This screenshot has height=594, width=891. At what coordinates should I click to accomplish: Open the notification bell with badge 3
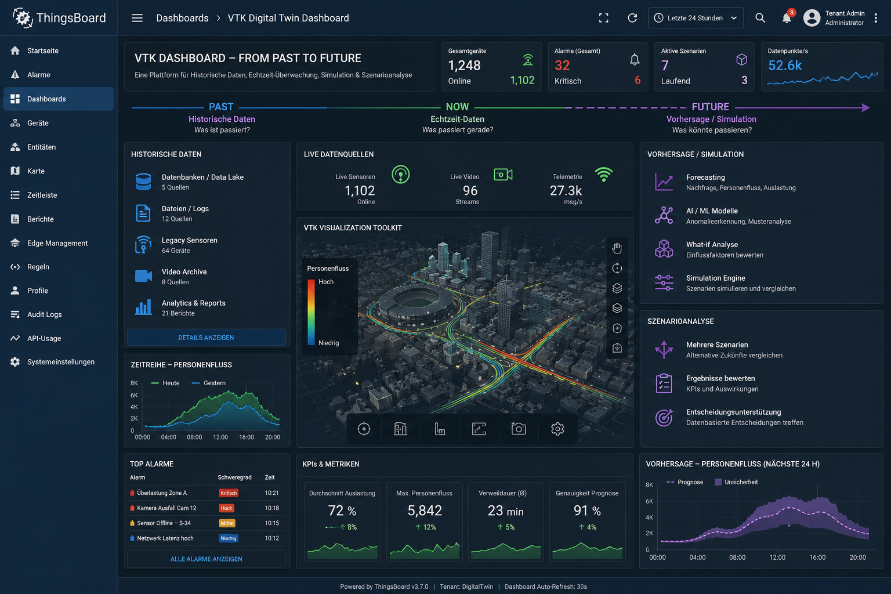tap(787, 17)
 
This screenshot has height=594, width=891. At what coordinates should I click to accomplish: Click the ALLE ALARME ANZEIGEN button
tap(206, 559)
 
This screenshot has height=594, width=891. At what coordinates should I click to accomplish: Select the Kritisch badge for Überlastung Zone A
tap(229, 493)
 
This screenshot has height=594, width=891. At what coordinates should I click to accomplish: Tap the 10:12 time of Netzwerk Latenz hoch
tap(271, 538)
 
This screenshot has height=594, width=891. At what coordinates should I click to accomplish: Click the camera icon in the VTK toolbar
tap(518, 429)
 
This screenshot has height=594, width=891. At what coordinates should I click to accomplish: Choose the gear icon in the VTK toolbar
tap(557, 429)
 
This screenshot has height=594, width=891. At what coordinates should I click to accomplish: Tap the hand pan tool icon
tap(617, 248)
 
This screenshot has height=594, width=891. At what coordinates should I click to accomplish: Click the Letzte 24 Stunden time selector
tap(696, 18)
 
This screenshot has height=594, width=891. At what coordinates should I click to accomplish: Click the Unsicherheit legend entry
tap(736, 482)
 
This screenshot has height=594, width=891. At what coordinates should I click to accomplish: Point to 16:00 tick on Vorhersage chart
tap(817, 557)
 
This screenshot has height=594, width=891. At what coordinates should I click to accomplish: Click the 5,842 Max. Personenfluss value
tap(425, 510)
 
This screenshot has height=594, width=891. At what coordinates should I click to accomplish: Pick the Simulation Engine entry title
tap(716, 278)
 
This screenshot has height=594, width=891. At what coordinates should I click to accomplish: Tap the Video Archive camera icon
tap(143, 276)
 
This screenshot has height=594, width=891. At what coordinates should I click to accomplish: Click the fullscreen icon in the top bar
tap(603, 18)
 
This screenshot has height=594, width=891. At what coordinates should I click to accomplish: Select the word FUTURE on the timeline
tap(711, 107)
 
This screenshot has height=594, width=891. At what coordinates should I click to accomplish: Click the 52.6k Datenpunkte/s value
tap(785, 65)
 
